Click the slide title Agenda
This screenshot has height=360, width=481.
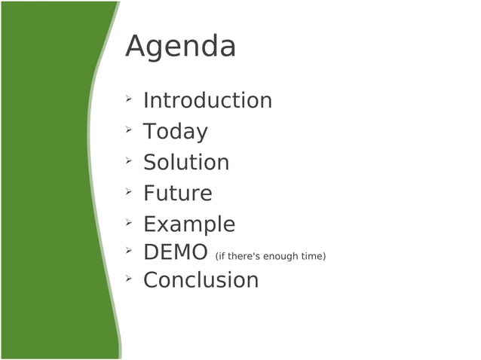[x=180, y=47]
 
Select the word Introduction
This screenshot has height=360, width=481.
[x=207, y=100]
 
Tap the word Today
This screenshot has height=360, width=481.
[x=175, y=131]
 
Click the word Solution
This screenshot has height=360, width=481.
[x=186, y=162]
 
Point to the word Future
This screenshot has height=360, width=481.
[x=177, y=193]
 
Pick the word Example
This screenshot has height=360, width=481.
[x=189, y=224]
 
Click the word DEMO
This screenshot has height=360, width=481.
[x=175, y=252]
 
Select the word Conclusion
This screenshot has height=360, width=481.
[x=201, y=280]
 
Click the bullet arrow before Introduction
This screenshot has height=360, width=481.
[x=129, y=98]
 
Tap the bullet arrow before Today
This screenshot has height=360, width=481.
[x=129, y=129]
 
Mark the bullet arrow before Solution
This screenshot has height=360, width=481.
[x=129, y=160]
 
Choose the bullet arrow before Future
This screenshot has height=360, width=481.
[x=129, y=191]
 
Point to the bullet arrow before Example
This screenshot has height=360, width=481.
[x=129, y=221]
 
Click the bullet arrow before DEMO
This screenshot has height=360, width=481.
[x=129, y=249]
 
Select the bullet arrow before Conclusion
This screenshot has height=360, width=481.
[x=129, y=277]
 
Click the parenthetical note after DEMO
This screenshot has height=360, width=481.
[x=270, y=257]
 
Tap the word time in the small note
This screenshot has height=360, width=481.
[x=313, y=257]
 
